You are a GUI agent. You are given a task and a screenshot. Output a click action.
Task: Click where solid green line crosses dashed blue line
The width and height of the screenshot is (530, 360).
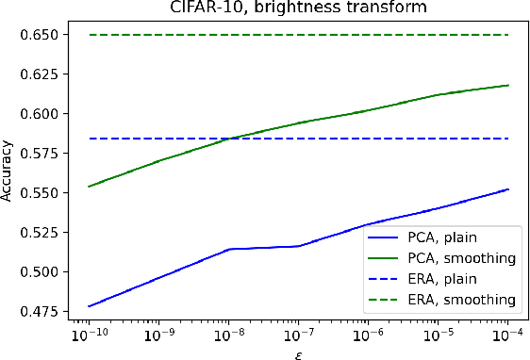point(229,139)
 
